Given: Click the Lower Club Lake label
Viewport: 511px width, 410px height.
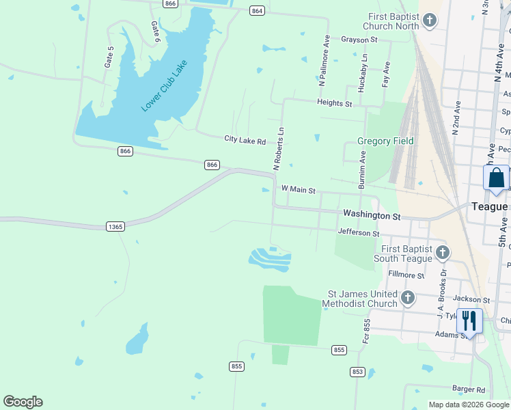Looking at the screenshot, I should click(164, 85).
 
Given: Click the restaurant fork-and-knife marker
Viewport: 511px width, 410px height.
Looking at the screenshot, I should click(469, 320).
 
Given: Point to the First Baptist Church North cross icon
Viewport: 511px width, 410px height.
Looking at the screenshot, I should click(430, 20).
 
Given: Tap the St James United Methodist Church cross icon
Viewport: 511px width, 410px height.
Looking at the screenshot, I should click(408, 297).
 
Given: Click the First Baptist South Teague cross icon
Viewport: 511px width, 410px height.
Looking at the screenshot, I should click(442, 254).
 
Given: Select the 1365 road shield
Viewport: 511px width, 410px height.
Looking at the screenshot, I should click(115, 226).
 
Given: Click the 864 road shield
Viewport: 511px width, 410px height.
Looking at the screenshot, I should click(257, 11).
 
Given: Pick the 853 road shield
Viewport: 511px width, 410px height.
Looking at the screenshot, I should click(357, 372).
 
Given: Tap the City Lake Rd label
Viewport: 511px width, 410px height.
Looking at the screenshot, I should click(245, 140).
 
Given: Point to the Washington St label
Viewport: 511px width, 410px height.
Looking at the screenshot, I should click(371, 215).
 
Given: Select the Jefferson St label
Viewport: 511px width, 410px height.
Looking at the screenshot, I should click(359, 233).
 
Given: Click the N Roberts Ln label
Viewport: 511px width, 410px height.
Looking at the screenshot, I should click(278, 148).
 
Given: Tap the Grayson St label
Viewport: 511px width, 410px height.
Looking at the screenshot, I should click(359, 40).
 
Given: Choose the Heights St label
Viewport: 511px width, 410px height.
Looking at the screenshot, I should click(334, 104).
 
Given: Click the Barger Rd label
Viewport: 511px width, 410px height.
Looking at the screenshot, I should click(468, 389).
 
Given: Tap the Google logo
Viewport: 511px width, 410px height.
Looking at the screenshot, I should click(23, 402).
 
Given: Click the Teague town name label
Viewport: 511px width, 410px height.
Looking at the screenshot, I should click(490, 206).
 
